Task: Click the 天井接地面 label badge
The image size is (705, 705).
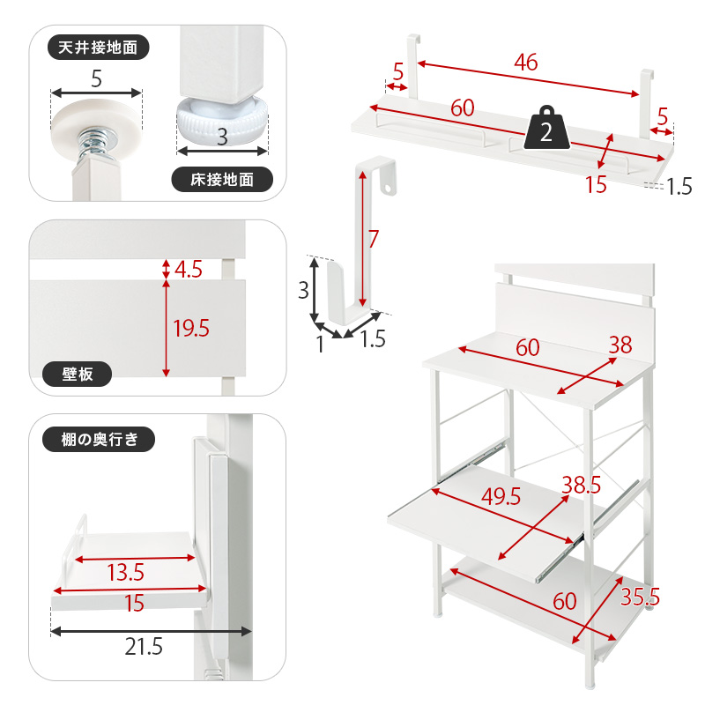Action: (98, 48)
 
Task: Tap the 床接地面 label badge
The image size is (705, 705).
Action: (222, 180)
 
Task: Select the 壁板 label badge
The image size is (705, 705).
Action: (77, 374)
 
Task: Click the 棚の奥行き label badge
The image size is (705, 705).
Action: (99, 439)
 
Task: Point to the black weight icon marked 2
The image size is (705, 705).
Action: (546, 128)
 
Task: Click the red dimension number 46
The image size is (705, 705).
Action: (526, 62)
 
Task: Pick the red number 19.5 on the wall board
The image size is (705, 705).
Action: (191, 328)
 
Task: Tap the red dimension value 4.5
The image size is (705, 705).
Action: (189, 270)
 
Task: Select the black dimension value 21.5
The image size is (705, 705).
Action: (144, 647)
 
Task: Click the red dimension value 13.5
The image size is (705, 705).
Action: (125, 573)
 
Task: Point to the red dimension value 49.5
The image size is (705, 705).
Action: (501, 497)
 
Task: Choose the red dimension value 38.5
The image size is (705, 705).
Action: (582, 485)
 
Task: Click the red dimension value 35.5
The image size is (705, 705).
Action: (641, 597)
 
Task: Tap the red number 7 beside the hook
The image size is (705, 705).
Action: (373, 239)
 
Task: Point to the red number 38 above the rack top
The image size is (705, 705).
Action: (620, 345)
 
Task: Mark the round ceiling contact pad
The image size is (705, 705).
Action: (97, 120)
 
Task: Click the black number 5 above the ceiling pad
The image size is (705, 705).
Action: (97, 79)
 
